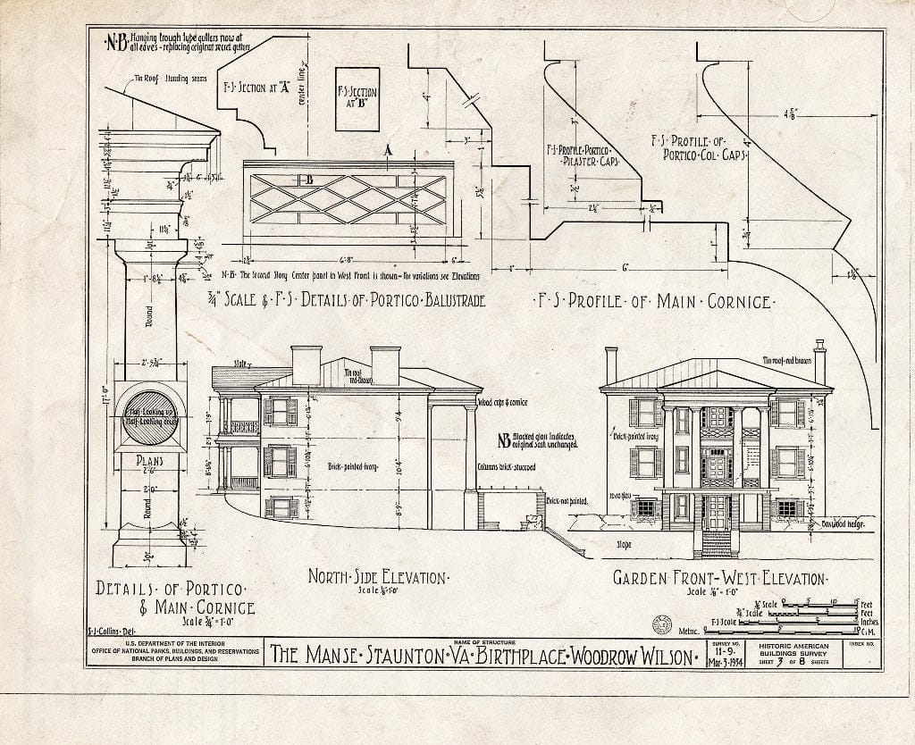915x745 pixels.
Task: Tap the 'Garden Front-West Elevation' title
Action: tap(718, 578)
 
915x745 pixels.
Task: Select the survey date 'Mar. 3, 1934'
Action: tap(725, 663)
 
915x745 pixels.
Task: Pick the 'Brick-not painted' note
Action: tap(565, 502)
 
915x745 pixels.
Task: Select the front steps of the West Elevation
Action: tap(717, 543)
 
